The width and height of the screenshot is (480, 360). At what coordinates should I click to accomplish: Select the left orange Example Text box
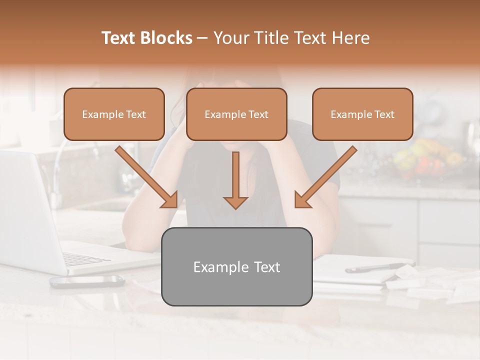point(114,114)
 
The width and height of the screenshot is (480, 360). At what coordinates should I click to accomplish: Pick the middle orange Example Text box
point(236,114)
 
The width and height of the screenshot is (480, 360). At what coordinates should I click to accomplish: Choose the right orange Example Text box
point(362,114)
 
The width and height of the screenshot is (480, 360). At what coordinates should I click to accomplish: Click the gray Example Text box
point(236,267)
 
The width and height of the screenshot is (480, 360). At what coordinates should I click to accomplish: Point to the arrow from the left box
point(147,177)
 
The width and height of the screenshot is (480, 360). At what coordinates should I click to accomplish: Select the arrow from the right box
point(326,177)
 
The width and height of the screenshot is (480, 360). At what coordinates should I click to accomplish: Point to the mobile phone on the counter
point(87,281)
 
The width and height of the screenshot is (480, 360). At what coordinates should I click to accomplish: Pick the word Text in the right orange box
point(384,114)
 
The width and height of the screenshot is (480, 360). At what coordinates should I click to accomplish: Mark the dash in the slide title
point(202,38)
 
